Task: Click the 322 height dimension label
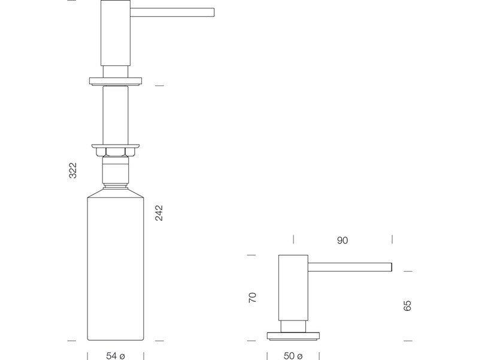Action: tap(72, 170)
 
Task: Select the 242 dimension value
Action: tap(159, 213)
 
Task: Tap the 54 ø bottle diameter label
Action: tap(116, 356)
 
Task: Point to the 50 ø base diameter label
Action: tap(293, 356)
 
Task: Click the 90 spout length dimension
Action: tap(342, 241)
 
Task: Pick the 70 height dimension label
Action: tap(252, 298)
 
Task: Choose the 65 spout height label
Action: tap(407, 306)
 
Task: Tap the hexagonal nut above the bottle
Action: tap(116, 152)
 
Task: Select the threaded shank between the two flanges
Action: tap(116, 115)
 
